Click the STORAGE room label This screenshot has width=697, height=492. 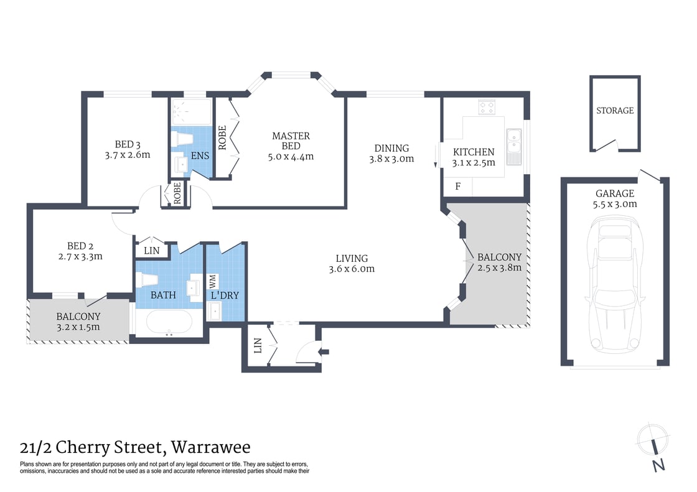(x=615, y=111)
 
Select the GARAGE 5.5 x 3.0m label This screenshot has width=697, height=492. (x=614, y=198)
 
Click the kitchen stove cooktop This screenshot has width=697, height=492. (x=487, y=108)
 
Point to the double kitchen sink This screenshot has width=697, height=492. (x=514, y=147)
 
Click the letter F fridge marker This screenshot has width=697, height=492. (x=457, y=186)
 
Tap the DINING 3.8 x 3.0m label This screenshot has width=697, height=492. (x=391, y=153)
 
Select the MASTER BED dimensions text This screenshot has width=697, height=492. (x=291, y=157)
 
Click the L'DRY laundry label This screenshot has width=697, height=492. (x=227, y=295)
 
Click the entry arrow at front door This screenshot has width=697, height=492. (x=323, y=352)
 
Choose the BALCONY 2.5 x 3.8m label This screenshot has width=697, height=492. (x=499, y=262)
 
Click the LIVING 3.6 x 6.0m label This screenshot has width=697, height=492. (x=352, y=263)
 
